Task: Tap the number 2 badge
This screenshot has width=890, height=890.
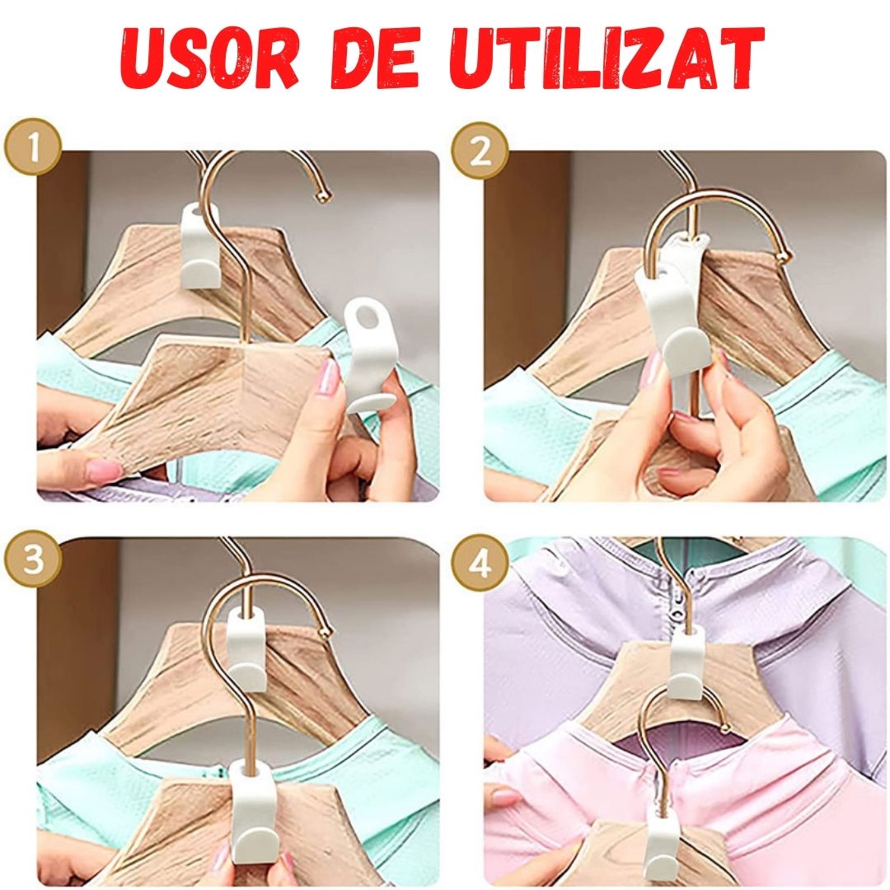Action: tap(480, 150)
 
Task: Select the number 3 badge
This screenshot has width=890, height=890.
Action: tap(32, 560)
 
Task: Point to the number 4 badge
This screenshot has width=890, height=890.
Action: tap(480, 565)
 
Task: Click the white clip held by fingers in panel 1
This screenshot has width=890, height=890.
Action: tap(368, 354)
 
